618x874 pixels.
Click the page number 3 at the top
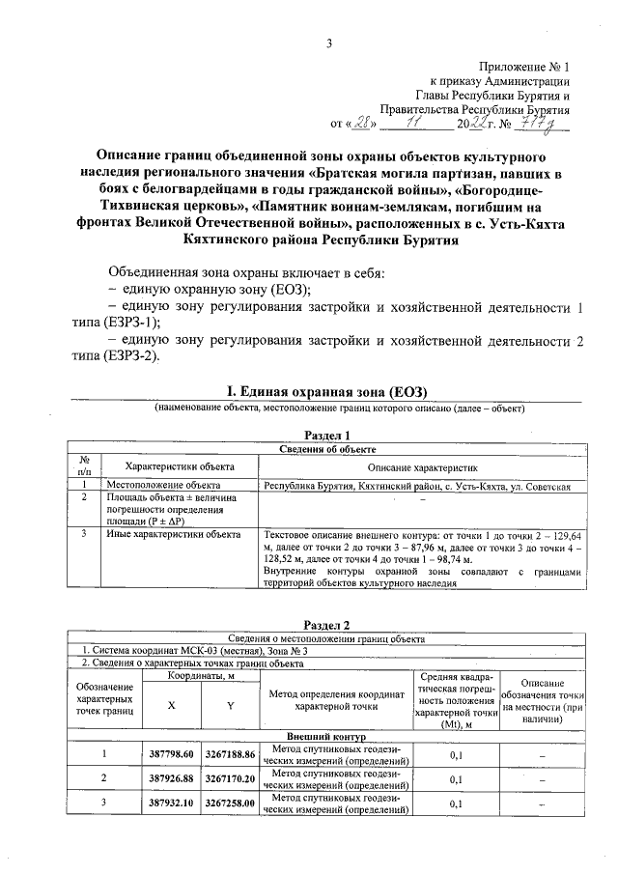coord(329,42)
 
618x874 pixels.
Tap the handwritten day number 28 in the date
coord(361,124)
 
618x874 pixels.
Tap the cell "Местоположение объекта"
coord(164,485)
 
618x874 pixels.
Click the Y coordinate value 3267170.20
coord(230,777)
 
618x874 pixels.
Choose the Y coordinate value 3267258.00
coord(230,803)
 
